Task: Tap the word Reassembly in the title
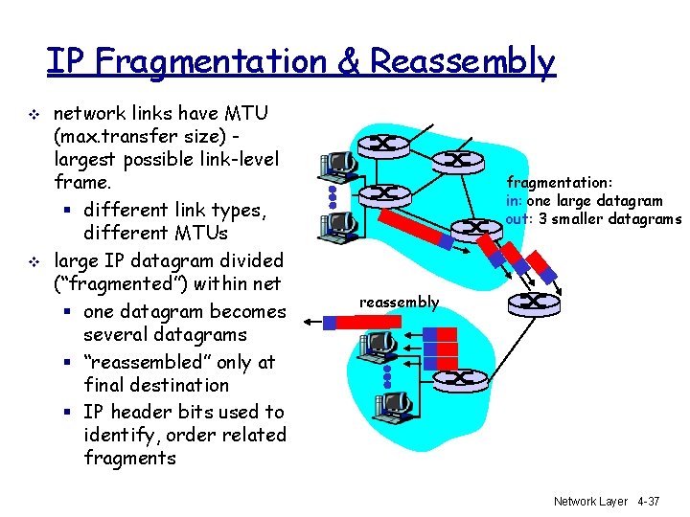click(x=463, y=62)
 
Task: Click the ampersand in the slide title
click(x=349, y=62)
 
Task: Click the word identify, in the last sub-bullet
click(x=121, y=435)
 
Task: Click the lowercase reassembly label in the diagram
click(x=399, y=303)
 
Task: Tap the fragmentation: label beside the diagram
click(x=559, y=182)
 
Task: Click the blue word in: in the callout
click(x=515, y=200)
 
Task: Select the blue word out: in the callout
click(x=517, y=218)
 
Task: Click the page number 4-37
click(x=648, y=501)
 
